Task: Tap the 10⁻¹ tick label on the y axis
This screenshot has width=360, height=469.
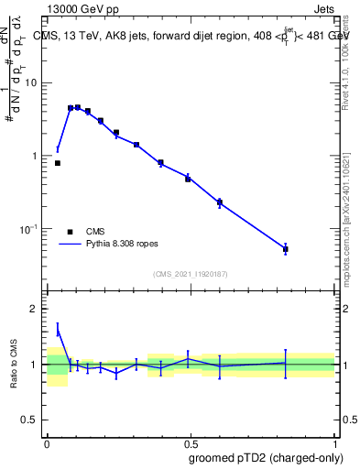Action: pyautogui.click(x=29, y=229)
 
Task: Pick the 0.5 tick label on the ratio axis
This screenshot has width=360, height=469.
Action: pyautogui.click(x=31, y=420)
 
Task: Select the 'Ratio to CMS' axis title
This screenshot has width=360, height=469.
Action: pyautogui.click(x=14, y=365)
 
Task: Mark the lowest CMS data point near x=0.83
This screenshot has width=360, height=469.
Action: pyautogui.click(x=286, y=249)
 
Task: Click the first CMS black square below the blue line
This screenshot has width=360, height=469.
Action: pyautogui.click(x=58, y=163)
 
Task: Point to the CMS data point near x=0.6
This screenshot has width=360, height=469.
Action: pyautogui.click(x=220, y=202)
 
